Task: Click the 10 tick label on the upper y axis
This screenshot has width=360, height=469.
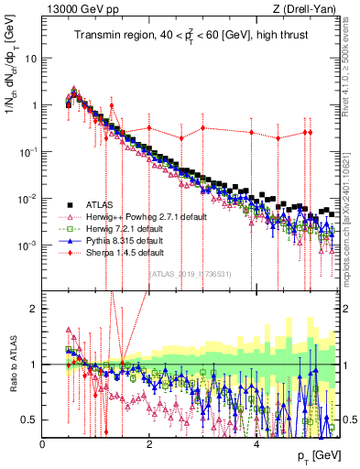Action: point(30,58)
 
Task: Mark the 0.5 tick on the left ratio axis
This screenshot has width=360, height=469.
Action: point(28,420)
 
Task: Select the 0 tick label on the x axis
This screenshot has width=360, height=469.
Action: point(42,444)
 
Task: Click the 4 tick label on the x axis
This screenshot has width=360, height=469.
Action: point(256,444)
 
